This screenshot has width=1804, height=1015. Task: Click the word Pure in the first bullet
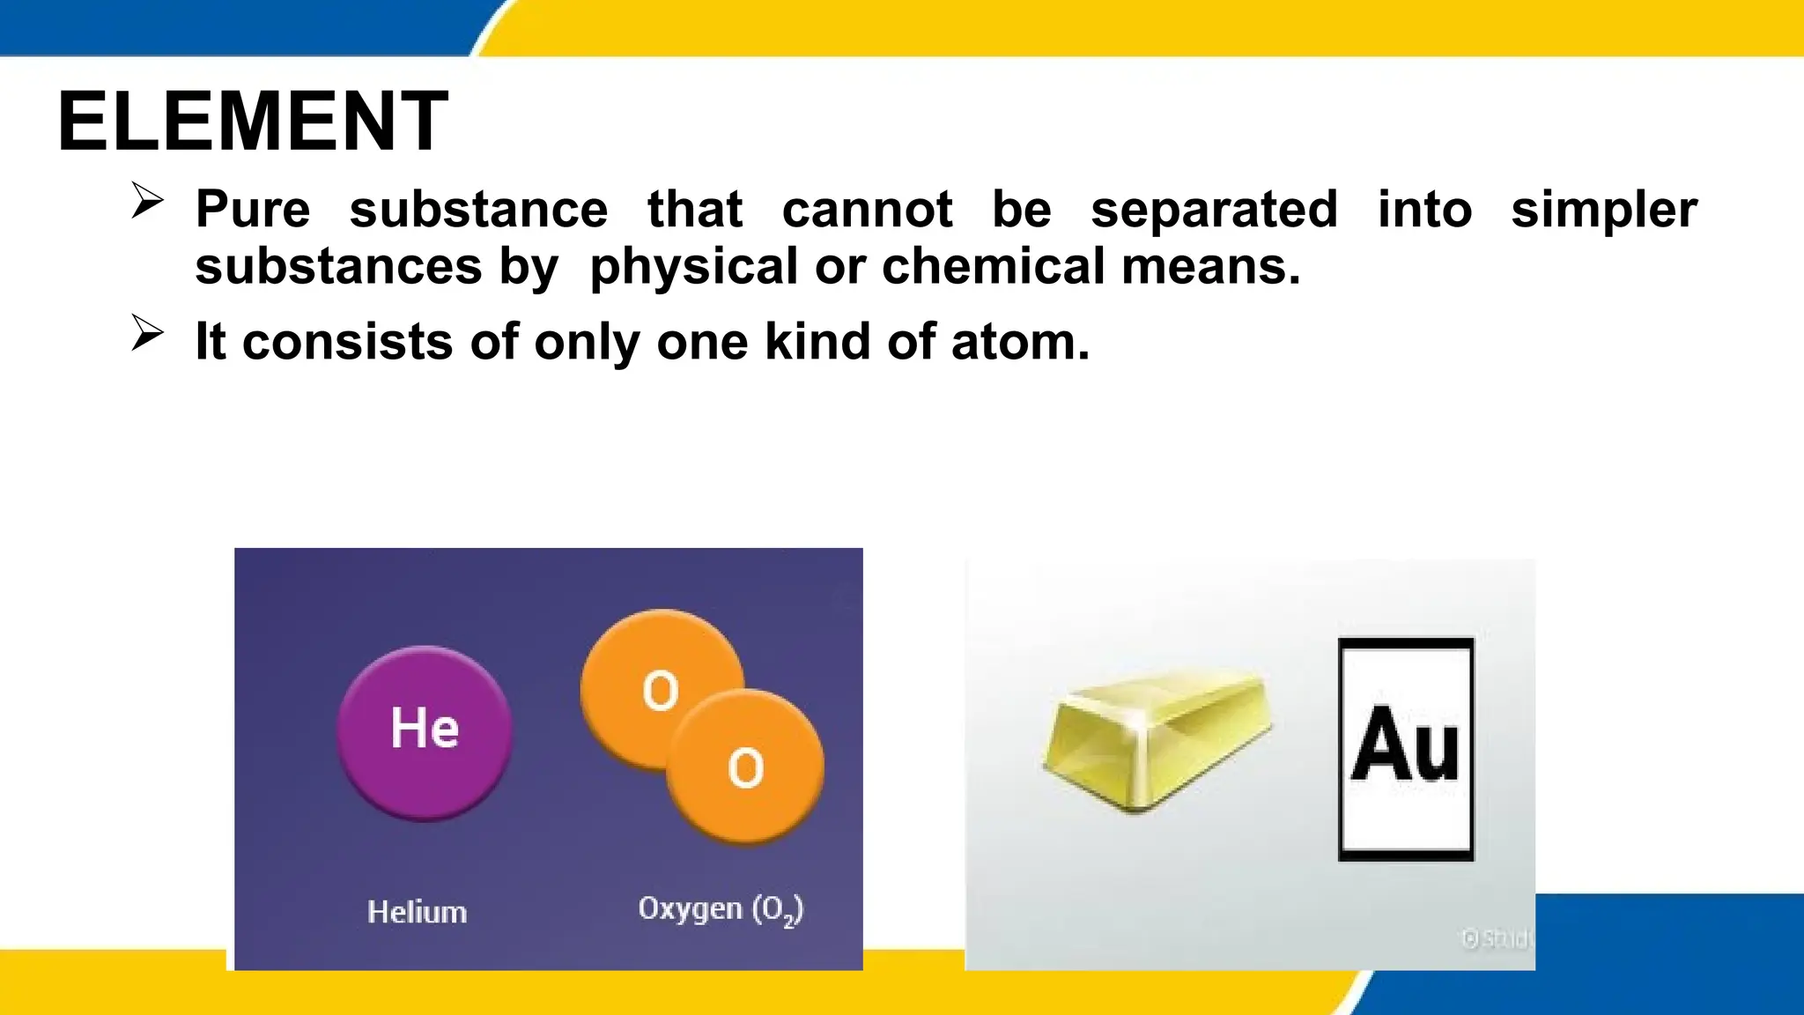click(x=253, y=210)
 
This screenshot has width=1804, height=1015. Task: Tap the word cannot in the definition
click(x=867, y=210)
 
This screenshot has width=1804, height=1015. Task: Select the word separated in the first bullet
click(x=1214, y=210)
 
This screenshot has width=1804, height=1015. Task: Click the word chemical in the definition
click(x=993, y=266)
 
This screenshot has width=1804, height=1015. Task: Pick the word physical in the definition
click(x=693, y=268)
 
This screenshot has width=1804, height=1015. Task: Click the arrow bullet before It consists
click(x=147, y=332)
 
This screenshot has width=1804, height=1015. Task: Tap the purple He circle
click(x=425, y=732)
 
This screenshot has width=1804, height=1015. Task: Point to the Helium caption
click(x=417, y=912)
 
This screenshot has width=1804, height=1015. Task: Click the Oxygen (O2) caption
click(x=721, y=909)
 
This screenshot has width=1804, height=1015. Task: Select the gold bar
click(x=1157, y=738)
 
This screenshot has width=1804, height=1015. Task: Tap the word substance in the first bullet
click(x=478, y=210)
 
